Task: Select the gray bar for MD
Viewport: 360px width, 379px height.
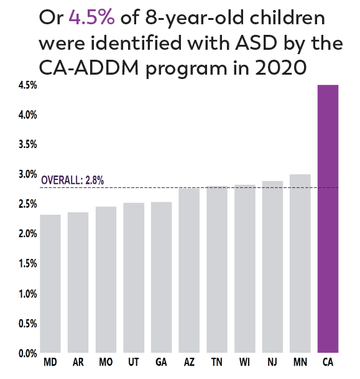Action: pos(50,284)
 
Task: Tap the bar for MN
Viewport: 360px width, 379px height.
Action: pos(300,264)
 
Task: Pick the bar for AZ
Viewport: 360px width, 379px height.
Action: pos(189,271)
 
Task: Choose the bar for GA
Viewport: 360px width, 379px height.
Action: pos(161,278)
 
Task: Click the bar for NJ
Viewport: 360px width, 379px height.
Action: pos(272,267)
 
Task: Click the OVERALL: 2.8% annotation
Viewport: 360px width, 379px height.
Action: pos(72,181)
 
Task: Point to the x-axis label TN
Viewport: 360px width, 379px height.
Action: pos(217,362)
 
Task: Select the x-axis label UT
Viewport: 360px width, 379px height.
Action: pos(134,362)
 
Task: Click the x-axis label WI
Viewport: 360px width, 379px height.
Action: pos(245,362)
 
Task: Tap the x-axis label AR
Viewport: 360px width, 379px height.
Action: pos(78,362)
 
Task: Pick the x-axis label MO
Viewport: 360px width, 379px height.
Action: pos(106,362)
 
